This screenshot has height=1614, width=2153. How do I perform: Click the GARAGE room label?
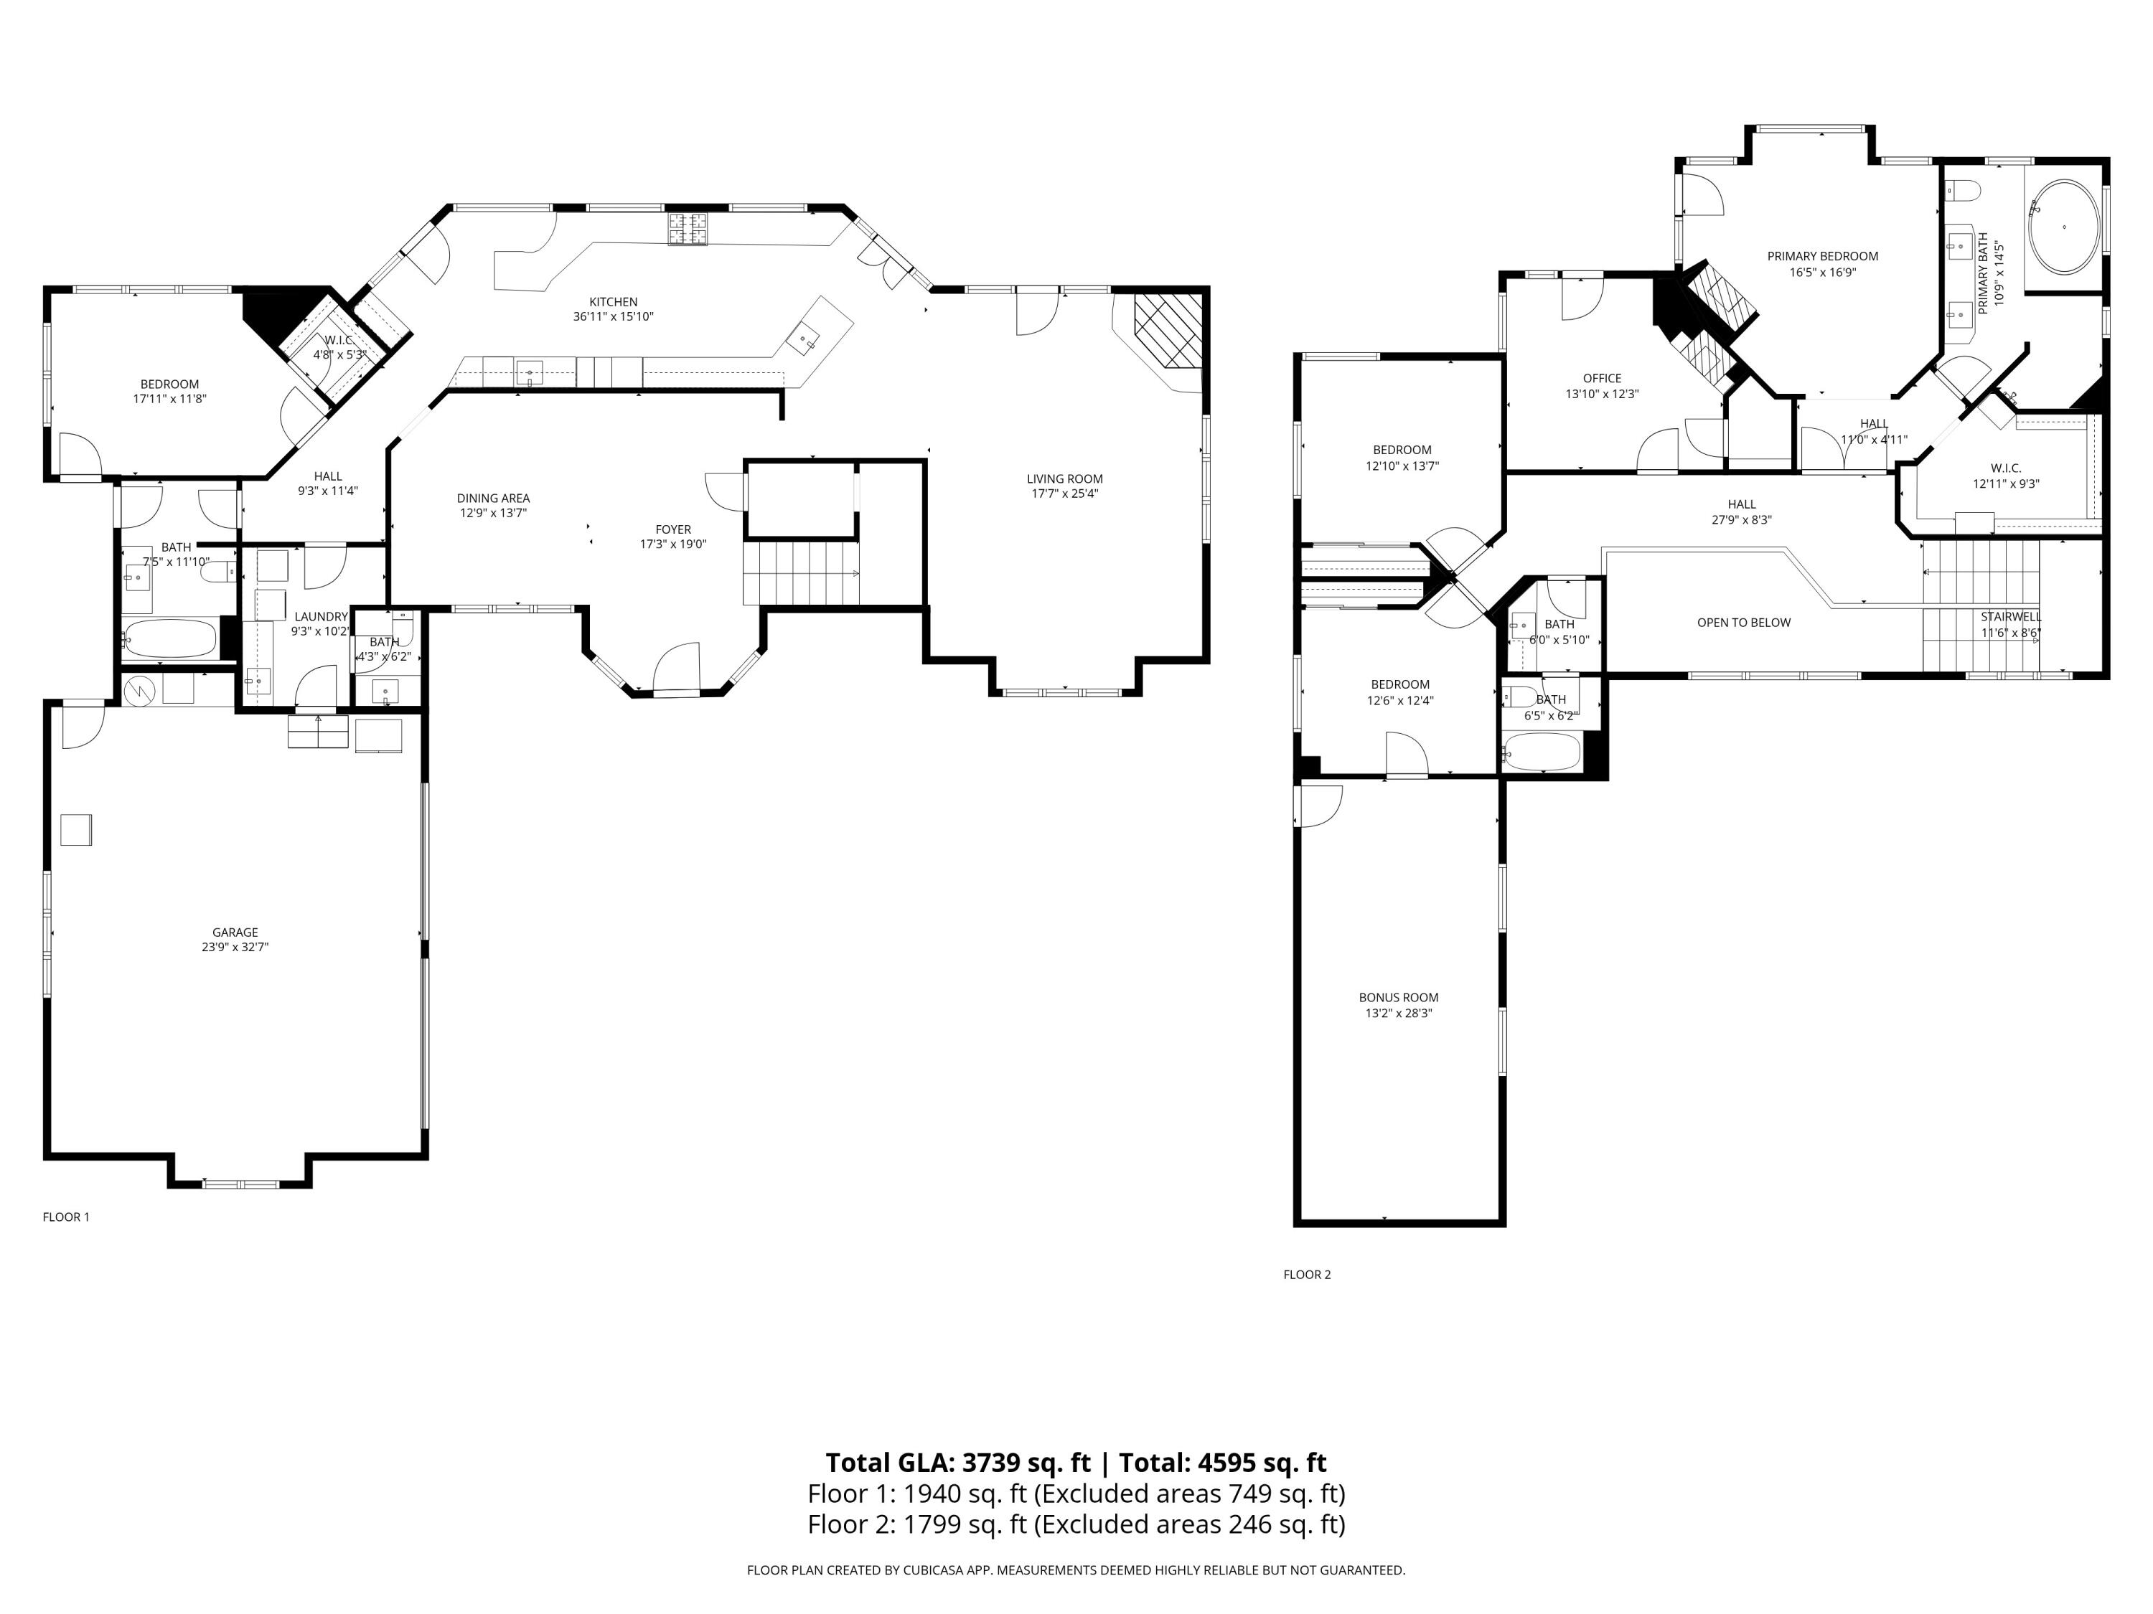point(235,932)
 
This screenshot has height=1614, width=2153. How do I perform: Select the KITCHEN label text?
point(613,301)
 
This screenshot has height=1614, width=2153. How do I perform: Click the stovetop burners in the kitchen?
point(688,230)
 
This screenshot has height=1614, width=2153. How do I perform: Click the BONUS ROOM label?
point(1398,997)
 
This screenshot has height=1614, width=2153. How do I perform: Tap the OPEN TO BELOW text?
point(1743,623)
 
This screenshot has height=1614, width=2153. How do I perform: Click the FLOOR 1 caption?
point(66,1217)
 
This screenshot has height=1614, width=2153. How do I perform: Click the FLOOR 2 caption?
point(1306,1275)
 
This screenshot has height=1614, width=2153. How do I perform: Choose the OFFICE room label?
point(1602,379)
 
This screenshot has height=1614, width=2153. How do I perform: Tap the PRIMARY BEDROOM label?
point(1822,257)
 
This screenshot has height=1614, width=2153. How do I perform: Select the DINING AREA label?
point(494,498)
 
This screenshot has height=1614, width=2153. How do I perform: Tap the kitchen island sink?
point(807,341)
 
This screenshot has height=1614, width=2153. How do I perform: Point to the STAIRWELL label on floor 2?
point(2011,617)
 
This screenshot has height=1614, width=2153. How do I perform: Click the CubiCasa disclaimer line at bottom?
point(1076,1570)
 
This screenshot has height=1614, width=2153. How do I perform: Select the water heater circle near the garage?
point(140,691)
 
